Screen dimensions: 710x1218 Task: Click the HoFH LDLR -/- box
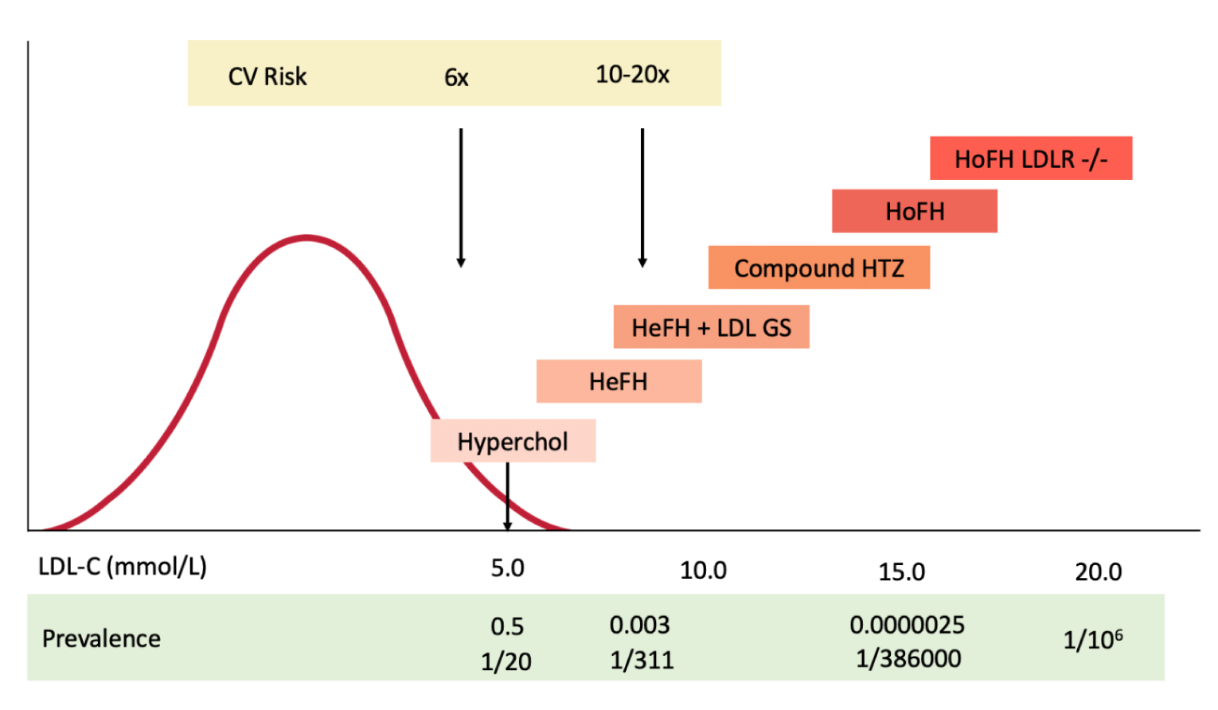click(x=1030, y=158)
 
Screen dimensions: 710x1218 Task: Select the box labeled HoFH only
click(x=914, y=211)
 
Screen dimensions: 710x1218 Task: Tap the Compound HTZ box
click(x=818, y=267)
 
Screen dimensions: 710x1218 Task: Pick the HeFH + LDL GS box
click(x=711, y=327)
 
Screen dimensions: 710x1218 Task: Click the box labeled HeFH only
click(x=619, y=381)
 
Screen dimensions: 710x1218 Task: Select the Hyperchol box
click(x=513, y=441)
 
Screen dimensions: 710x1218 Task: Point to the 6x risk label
click(x=456, y=77)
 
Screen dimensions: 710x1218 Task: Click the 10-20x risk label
click(x=632, y=75)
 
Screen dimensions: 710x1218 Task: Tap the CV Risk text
click(x=267, y=76)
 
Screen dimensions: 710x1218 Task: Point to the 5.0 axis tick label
click(x=507, y=568)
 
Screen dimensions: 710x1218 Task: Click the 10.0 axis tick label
click(x=703, y=571)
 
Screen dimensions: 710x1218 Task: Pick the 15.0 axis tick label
click(x=901, y=572)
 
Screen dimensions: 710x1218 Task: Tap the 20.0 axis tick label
click(x=1098, y=572)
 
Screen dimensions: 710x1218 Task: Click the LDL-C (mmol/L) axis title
click(x=123, y=567)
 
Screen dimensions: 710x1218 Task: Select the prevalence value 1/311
click(x=642, y=660)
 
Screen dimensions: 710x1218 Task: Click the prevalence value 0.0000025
click(x=907, y=625)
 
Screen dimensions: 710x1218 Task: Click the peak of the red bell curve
click(x=306, y=237)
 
